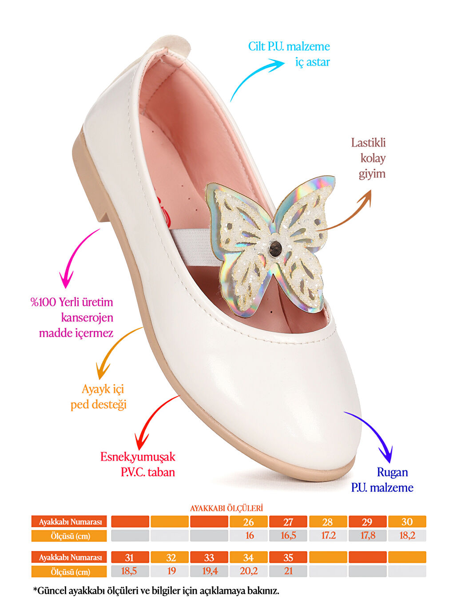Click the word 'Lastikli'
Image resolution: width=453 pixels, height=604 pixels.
point(368,143)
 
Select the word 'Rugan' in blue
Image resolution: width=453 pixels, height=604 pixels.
point(392,472)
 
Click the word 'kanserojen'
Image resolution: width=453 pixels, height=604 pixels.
point(87,318)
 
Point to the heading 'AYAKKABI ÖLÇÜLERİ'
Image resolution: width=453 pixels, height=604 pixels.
point(226,508)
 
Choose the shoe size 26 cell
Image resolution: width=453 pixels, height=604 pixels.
point(249,522)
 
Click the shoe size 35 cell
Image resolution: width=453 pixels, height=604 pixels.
point(288,557)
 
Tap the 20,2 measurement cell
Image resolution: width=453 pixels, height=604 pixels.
point(249,571)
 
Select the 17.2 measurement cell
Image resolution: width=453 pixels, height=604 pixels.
point(328,536)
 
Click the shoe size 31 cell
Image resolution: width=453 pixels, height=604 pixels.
point(130,557)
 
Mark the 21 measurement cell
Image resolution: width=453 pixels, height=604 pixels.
point(288,571)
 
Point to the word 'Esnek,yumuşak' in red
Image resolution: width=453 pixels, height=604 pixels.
point(138,457)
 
